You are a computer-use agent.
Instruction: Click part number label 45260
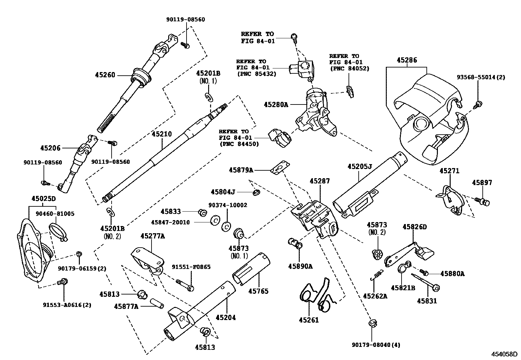click(105, 75)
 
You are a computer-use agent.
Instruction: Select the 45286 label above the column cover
click(407, 60)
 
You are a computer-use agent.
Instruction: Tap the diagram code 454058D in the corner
click(504, 354)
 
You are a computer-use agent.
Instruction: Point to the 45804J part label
click(223, 192)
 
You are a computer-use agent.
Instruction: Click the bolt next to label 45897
click(483, 201)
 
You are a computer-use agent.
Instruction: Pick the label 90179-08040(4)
click(376, 345)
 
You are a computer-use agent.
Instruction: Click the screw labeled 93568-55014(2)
click(478, 104)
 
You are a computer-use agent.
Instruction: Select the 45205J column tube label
click(360, 166)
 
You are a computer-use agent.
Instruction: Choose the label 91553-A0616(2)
click(67, 305)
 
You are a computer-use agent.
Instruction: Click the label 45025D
click(44, 199)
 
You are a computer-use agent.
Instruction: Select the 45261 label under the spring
click(308, 320)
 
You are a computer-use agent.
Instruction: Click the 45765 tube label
click(258, 291)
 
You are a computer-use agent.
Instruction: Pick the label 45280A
click(276, 104)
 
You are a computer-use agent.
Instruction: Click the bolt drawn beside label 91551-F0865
click(186, 284)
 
